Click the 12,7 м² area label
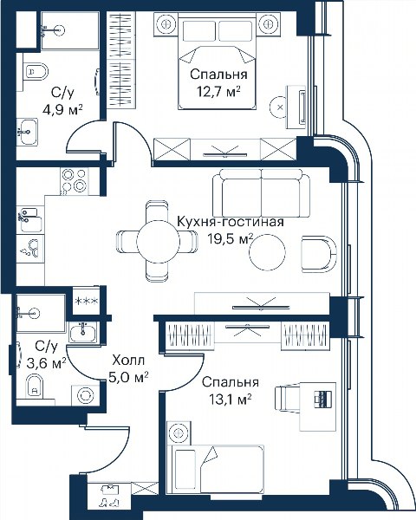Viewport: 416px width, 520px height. [x=218, y=91]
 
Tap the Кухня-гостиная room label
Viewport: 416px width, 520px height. [x=231, y=222]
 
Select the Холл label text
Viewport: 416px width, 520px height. [x=128, y=361]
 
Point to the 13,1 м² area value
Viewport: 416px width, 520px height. [x=230, y=400]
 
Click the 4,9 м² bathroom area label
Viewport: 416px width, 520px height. [x=62, y=109]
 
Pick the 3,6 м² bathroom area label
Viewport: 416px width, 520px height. [x=46, y=363]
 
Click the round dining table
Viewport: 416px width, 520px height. [x=159, y=242]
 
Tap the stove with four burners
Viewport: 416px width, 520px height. [x=75, y=181]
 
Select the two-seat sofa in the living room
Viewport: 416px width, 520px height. [x=261, y=193]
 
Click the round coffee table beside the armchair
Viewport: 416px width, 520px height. [x=267, y=252]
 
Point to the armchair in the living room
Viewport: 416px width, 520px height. [x=319, y=254]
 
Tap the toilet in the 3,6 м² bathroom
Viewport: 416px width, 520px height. [x=35, y=386]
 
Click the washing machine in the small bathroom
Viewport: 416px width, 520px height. [x=86, y=395]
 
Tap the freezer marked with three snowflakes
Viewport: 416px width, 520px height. [x=86, y=301]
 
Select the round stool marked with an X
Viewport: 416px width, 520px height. [x=279, y=107]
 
